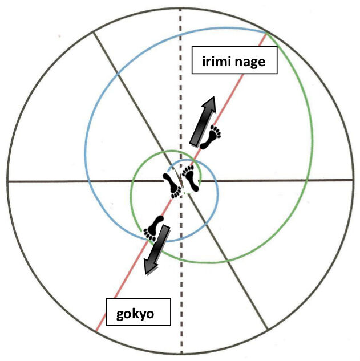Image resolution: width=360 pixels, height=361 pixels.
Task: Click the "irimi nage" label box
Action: pyautogui.click(x=234, y=61)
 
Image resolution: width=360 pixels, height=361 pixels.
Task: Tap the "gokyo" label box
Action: pyautogui.click(x=138, y=313)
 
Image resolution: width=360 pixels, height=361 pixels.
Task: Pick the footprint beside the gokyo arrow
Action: pyautogui.click(x=153, y=227)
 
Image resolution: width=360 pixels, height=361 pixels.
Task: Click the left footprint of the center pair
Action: pyautogui.click(x=172, y=184)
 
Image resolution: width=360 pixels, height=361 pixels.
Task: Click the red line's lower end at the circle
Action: pyautogui.click(x=96, y=331)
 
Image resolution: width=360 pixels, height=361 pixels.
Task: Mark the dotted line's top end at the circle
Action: pyautogui.click(x=181, y=7)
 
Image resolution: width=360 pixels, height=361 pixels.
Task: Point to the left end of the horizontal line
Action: pyautogui.click(x=8, y=181)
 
